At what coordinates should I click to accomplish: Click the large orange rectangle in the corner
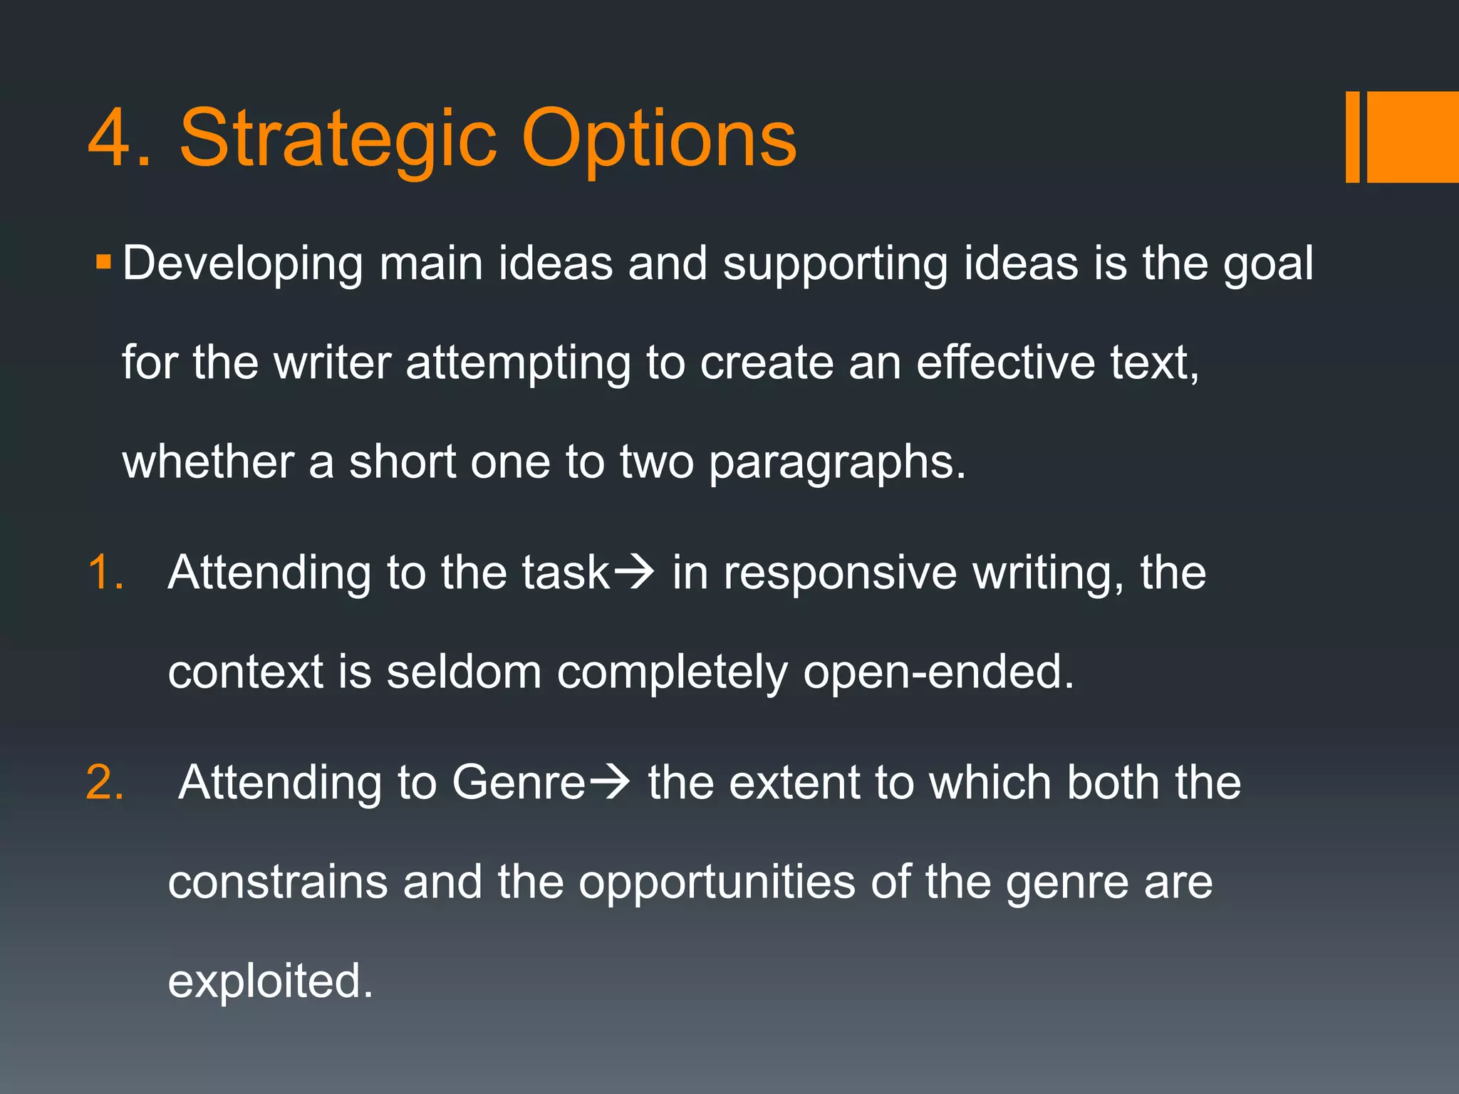(x=1412, y=137)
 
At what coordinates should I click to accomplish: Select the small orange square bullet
(x=104, y=261)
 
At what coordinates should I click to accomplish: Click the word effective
(x=1004, y=363)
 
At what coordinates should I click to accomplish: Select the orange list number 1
(x=105, y=573)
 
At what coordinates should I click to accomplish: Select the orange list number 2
(x=105, y=783)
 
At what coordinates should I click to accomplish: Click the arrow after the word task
(x=633, y=573)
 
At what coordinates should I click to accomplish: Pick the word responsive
(x=840, y=574)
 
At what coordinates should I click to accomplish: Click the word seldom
(x=464, y=672)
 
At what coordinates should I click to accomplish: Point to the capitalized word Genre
(x=518, y=783)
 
